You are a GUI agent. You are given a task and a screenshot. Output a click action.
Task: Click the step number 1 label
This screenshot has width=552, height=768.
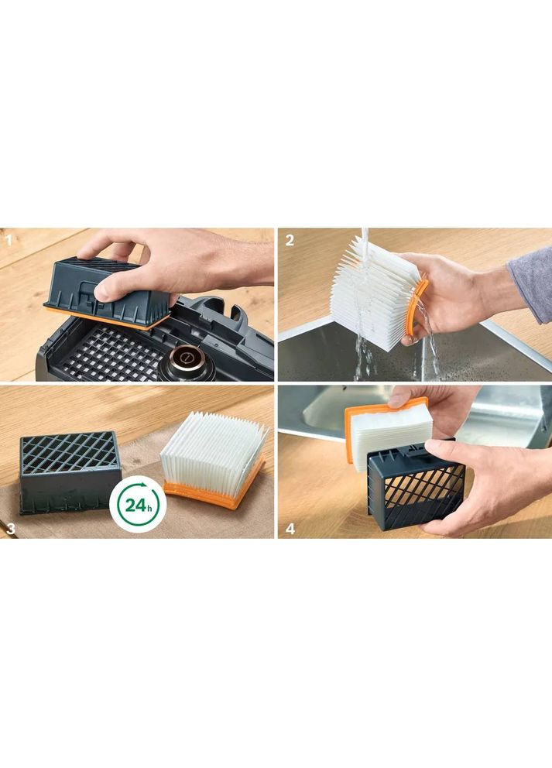pyautogui.click(x=8, y=241)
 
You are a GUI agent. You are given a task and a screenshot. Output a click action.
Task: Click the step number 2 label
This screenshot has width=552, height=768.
pyautogui.click(x=290, y=241)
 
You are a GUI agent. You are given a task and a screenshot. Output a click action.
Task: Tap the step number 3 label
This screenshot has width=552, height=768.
pyautogui.click(x=10, y=529)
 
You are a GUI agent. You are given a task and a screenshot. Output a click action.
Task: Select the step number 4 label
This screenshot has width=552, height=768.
pyautogui.click(x=290, y=529)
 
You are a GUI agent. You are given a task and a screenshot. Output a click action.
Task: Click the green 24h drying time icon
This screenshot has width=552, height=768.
pyautogui.click(x=138, y=505)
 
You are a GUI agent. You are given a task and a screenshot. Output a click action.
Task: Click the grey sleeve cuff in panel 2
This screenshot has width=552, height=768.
pyautogui.click(x=530, y=284)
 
